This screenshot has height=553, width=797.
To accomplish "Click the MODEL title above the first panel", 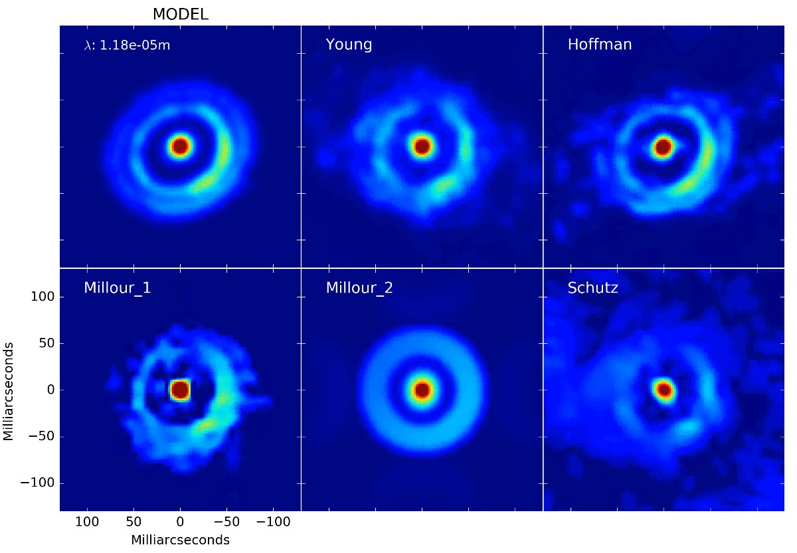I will (180, 14).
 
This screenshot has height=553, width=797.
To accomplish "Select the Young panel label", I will (349, 45).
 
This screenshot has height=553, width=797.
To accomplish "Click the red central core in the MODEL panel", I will (180, 145).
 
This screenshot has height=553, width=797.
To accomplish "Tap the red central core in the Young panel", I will (422, 145).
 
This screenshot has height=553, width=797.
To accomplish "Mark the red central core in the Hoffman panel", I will (663, 147).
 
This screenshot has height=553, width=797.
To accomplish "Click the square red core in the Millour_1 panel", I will (180, 390).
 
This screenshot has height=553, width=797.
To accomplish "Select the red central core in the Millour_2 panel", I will (422, 390).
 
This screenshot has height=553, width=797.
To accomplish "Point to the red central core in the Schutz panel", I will (664, 390).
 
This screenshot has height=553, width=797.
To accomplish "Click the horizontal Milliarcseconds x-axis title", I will (180, 540).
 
